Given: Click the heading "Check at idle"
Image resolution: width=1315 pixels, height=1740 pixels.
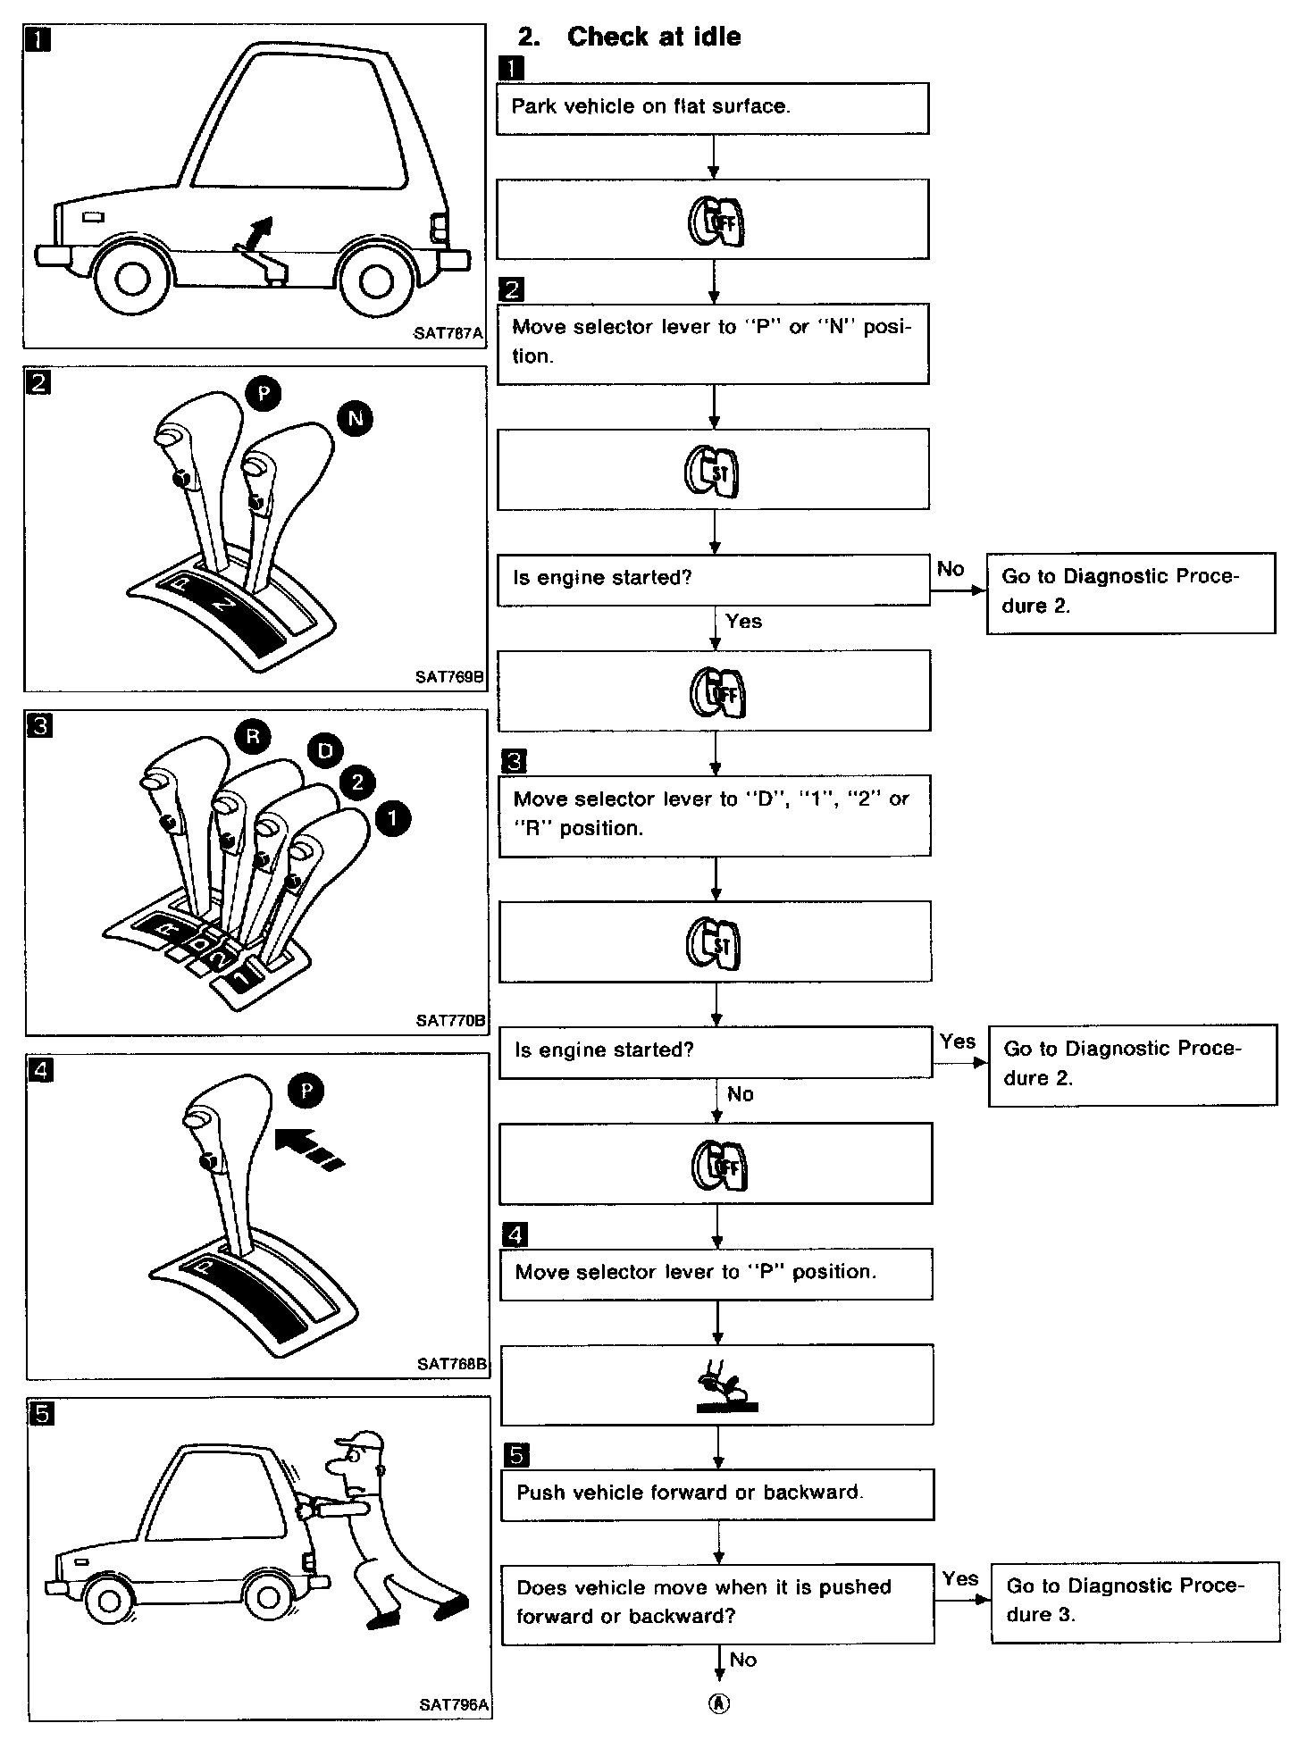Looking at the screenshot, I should [x=653, y=37].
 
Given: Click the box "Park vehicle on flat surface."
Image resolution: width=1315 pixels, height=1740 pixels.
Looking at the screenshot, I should [x=712, y=108].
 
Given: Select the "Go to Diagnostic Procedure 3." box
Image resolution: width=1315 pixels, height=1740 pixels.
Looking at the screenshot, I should [x=1135, y=1602].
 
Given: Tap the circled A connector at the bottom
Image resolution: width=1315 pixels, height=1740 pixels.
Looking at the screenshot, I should [x=718, y=1703].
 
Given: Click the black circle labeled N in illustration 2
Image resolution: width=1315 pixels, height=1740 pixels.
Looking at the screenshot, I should [x=356, y=419].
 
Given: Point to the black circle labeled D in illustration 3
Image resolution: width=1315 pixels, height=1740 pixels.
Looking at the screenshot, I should [x=325, y=751].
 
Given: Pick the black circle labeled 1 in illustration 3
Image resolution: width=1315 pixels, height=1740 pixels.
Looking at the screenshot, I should [x=393, y=817].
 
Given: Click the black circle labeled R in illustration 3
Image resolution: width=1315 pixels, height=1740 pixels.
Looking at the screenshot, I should [x=253, y=736].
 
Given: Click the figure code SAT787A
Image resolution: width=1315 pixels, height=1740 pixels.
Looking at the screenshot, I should [x=448, y=333].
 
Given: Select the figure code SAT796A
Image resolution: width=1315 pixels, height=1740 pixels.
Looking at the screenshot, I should [x=454, y=1704].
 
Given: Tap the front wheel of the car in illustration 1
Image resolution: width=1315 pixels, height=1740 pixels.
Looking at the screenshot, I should [x=131, y=280].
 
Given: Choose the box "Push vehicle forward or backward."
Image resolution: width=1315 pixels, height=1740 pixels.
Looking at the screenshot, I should [x=717, y=1494].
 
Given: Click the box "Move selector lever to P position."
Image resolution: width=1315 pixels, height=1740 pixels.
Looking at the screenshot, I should [x=716, y=1273].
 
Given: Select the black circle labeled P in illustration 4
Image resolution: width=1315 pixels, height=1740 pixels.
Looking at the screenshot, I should [x=306, y=1091].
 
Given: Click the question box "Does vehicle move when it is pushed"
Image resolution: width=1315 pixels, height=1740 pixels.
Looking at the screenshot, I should [x=717, y=1603].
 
